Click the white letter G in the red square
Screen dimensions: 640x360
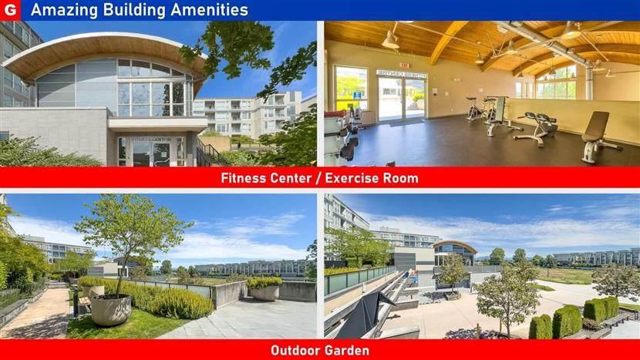pos(10,10)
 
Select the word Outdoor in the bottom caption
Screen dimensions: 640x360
pos(294,350)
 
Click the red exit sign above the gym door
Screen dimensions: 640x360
pos(405,65)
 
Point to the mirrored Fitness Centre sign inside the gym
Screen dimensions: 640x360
pos(401,73)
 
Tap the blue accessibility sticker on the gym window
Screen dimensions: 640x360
pos(357,96)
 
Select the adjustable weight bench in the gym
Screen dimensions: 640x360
pos(598,137)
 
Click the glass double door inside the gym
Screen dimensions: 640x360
pos(402,99)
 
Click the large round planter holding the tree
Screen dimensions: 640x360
pos(110,309)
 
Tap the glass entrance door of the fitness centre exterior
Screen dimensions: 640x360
pos(151,153)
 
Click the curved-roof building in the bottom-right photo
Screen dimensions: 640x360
pos(454,253)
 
